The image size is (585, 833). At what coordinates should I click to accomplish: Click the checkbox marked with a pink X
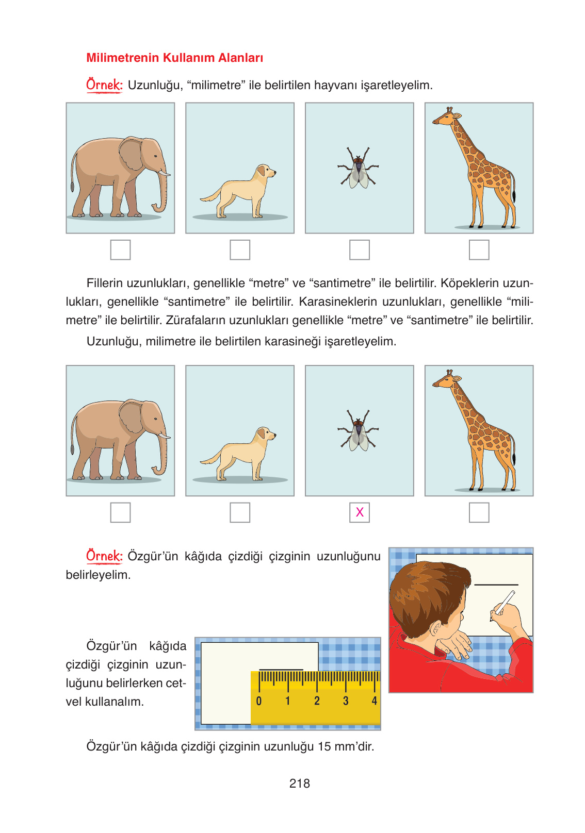(x=360, y=512)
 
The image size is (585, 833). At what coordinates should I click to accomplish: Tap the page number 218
(x=299, y=784)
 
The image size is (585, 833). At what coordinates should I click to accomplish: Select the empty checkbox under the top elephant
(x=120, y=250)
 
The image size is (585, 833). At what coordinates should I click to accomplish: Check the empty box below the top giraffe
(x=479, y=250)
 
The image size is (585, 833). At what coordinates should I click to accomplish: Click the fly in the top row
(x=359, y=169)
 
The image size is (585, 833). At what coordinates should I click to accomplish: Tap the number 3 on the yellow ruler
(x=346, y=701)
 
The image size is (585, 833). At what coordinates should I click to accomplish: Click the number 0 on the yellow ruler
(x=259, y=701)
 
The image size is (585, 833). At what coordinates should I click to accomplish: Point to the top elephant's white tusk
(x=165, y=174)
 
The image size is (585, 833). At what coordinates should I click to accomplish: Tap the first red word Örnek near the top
(x=104, y=85)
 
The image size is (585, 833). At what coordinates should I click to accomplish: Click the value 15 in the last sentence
(x=324, y=746)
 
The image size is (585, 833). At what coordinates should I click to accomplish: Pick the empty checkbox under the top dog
(x=240, y=250)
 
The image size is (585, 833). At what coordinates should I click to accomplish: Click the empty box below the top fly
(x=360, y=250)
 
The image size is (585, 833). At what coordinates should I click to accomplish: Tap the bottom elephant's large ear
(x=132, y=416)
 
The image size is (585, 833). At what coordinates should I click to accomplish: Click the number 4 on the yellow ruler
(x=375, y=701)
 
